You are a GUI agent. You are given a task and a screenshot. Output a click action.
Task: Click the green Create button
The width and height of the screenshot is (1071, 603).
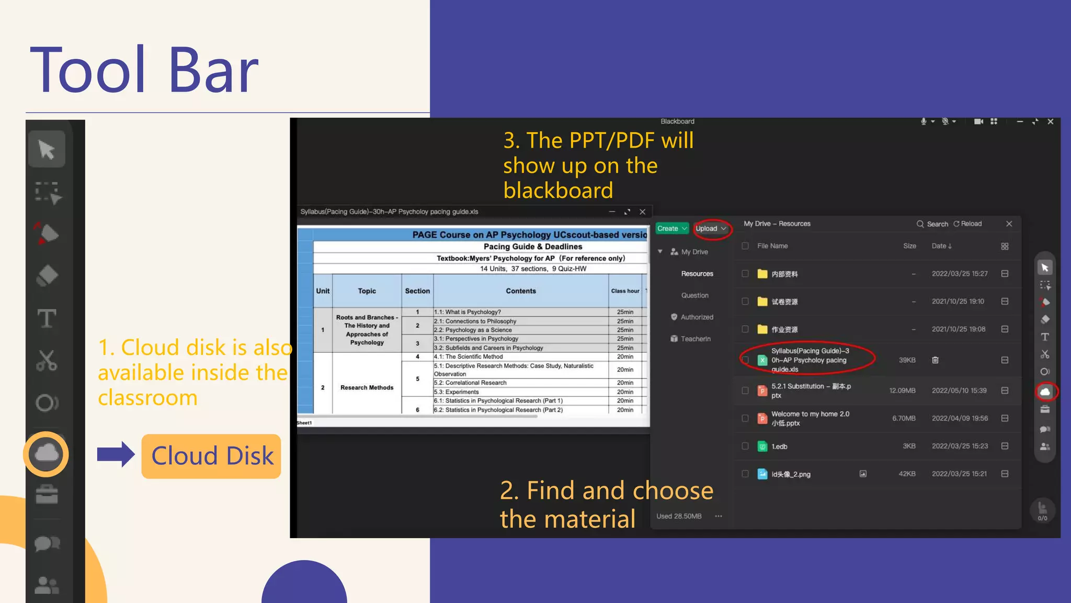point(671,229)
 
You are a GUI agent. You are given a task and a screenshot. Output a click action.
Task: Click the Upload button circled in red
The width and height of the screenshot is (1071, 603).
point(711,229)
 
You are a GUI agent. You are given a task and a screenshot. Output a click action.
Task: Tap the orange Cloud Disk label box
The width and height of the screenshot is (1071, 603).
point(211,456)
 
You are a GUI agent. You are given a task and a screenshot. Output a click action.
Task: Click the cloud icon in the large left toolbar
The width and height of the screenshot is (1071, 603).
point(47,453)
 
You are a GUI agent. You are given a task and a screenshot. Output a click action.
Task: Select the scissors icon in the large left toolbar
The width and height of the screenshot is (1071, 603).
point(47,361)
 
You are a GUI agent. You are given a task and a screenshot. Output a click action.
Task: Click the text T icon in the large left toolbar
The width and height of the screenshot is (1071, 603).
point(47,318)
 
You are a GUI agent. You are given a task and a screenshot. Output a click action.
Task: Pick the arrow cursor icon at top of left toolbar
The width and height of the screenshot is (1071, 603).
point(47,150)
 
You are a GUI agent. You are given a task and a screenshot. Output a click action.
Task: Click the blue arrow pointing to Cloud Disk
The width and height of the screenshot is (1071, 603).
point(116,454)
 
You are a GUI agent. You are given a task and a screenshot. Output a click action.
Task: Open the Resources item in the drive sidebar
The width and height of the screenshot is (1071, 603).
point(697,274)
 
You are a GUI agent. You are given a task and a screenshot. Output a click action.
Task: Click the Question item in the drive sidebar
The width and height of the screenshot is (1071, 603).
point(694,296)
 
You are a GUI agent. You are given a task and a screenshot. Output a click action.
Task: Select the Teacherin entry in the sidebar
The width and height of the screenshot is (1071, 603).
point(695,339)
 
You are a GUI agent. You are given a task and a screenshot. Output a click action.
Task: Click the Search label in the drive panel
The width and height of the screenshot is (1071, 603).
point(937,224)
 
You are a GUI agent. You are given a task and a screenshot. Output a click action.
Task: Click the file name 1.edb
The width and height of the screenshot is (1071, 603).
point(779,446)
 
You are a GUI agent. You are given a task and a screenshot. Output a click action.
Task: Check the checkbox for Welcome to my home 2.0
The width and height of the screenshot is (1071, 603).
point(745,418)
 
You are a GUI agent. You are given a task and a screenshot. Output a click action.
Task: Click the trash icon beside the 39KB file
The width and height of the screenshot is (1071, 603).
point(935,360)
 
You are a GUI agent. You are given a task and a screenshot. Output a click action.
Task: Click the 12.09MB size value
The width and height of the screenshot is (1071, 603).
point(902,390)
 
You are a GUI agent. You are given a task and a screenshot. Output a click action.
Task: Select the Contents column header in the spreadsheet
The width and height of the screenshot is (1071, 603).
point(520,291)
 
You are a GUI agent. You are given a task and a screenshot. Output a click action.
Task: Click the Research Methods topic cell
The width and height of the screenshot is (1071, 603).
point(367,388)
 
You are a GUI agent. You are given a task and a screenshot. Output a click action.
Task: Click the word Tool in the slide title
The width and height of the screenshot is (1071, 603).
point(87,70)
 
